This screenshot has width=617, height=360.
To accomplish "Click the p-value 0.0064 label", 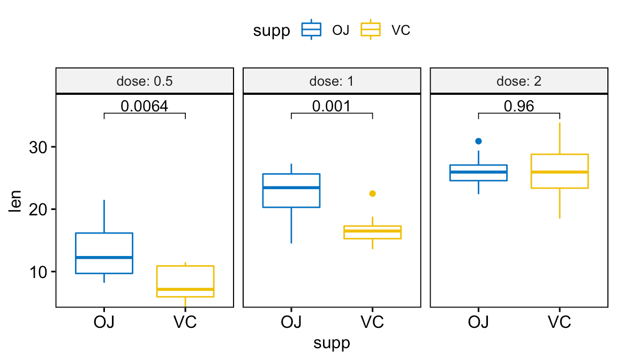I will click(144, 106).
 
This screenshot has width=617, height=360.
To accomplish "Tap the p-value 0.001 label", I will click(331, 106).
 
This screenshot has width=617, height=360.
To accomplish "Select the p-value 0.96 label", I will click(518, 106).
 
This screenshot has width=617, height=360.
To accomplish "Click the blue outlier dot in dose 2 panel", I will click(478, 141).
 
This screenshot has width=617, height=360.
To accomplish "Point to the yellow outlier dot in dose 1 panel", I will click(372, 193).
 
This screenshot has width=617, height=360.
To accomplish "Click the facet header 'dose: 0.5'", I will click(144, 82).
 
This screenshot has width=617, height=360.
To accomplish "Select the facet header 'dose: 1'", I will click(331, 82).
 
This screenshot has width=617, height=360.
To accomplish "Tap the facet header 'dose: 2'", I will click(518, 82).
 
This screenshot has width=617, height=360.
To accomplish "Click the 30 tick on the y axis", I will click(37, 147).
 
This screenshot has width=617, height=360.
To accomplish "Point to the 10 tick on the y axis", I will click(37, 272).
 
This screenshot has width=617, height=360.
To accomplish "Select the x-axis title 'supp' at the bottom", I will click(331, 343).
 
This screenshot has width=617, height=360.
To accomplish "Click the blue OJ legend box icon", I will click(311, 30).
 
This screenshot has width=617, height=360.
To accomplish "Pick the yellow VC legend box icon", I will click(370, 30).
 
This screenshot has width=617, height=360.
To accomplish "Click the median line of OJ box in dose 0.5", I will click(104, 257).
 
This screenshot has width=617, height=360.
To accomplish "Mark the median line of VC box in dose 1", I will click(372, 231).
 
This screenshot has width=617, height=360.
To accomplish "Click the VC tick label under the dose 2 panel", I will click(559, 322).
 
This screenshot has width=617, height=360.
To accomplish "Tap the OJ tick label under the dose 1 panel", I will click(291, 322).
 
